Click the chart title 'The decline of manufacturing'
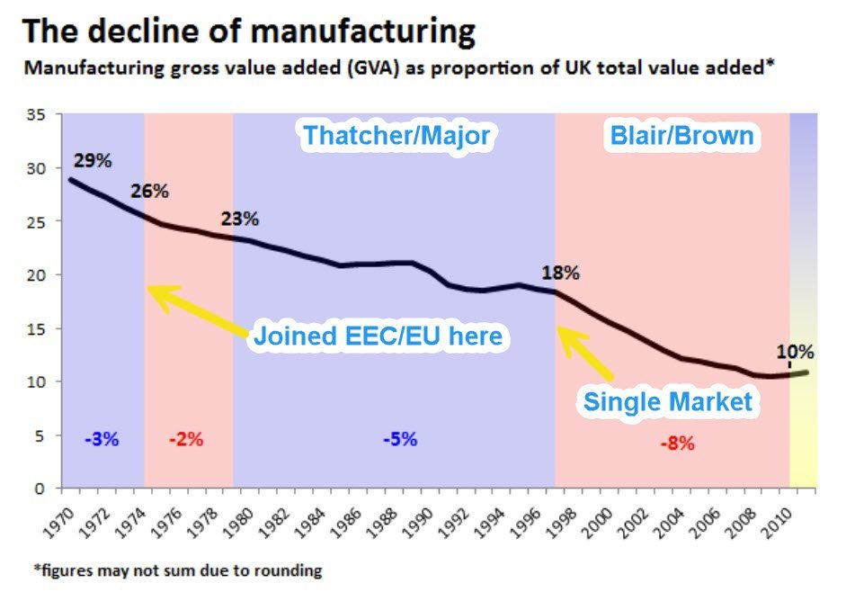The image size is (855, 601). click(x=248, y=31)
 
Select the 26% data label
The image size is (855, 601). click(x=149, y=191)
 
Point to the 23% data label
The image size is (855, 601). click(x=239, y=219)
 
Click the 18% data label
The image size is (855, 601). click(x=560, y=273)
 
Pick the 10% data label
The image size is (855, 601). click(x=796, y=351)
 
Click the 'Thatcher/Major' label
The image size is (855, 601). click(x=396, y=136)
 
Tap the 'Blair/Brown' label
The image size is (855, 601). click(x=681, y=136)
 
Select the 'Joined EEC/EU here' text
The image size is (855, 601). click(x=378, y=336)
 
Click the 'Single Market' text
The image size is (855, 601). click(x=668, y=400)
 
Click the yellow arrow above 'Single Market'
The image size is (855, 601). click(x=585, y=352)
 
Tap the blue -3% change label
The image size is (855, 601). click(x=102, y=440)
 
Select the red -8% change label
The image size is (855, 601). click(x=676, y=443)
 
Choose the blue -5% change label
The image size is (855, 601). click(x=399, y=440)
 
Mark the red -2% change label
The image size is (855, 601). click(x=187, y=440)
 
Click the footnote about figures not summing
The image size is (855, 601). click(x=173, y=570)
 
